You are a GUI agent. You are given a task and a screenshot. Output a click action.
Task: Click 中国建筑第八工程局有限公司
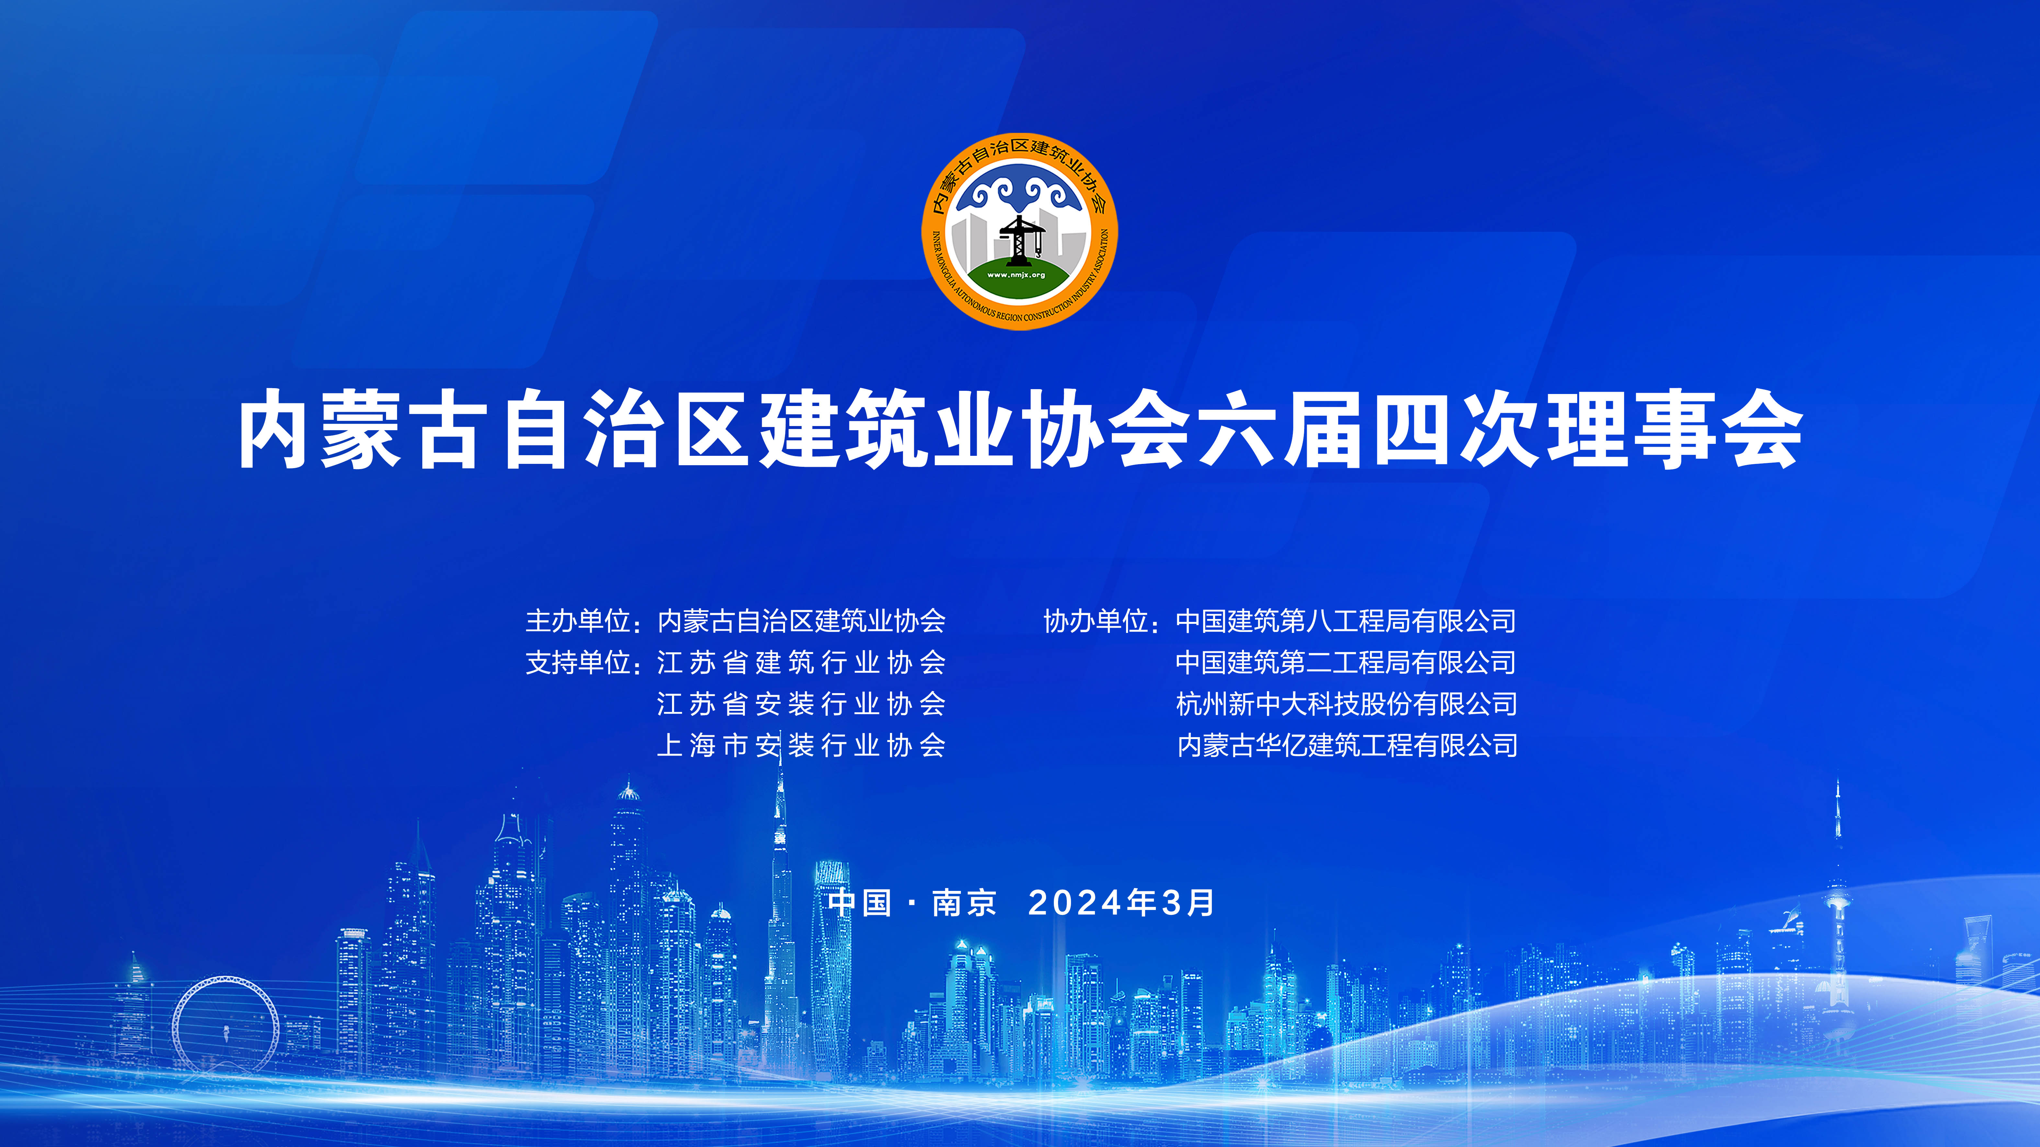click(x=1346, y=621)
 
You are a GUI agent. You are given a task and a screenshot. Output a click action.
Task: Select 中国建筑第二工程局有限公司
click(x=1346, y=663)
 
